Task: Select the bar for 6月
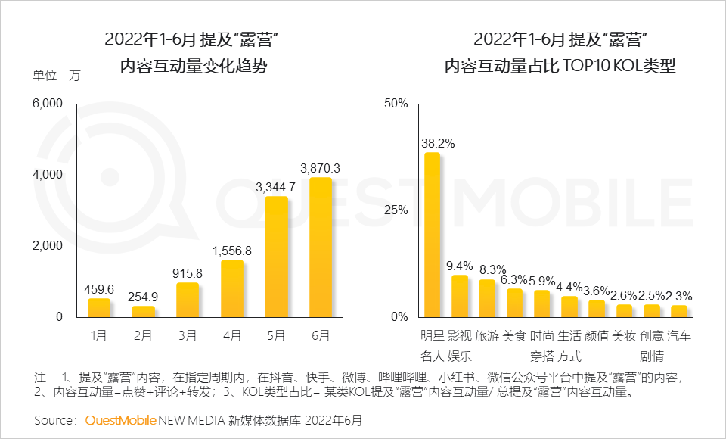click(321, 248)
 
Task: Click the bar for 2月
click(144, 311)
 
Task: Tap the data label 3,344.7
click(276, 186)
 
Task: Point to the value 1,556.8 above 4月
click(232, 251)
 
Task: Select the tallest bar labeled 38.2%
click(432, 235)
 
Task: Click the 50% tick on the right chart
click(396, 103)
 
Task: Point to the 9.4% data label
click(459, 266)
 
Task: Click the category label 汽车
click(679, 335)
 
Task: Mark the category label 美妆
click(624, 335)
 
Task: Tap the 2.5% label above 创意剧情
click(651, 295)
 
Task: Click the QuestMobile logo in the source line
click(120, 419)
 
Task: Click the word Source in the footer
click(54, 419)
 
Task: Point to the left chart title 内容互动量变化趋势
click(195, 67)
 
